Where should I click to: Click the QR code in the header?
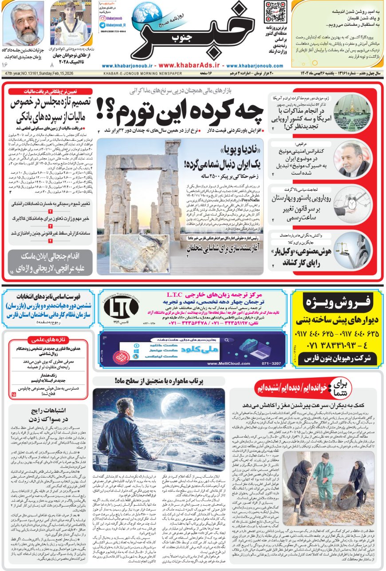tap(275, 12)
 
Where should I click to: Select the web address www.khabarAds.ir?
tap(193, 65)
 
